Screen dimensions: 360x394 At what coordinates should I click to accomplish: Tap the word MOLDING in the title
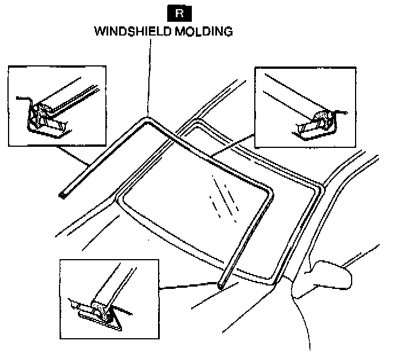click(x=203, y=32)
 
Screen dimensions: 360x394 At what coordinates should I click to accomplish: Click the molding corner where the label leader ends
click(x=147, y=119)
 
